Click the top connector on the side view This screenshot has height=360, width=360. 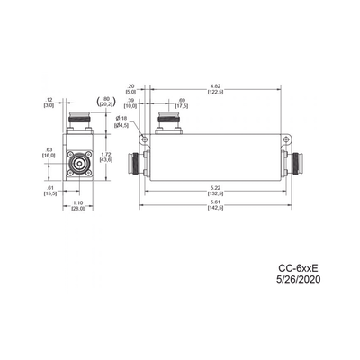[167, 121]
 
